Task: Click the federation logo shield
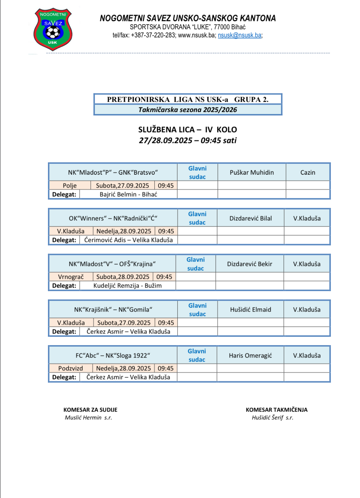pyautogui.click(x=53, y=29)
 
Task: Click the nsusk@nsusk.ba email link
pyautogui.click(x=240, y=35)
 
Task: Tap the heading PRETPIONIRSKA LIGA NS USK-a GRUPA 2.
pyautogui.click(x=188, y=99)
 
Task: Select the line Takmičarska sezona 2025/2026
pyautogui.click(x=188, y=110)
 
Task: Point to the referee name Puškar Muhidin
pyautogui.click(x=252, y=172)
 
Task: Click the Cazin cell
pyautogui.click(x=308, y=172)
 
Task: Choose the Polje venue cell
pyautogui.click(x=70, y=185)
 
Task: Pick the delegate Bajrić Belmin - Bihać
pyautogui.click(x=128, y=194)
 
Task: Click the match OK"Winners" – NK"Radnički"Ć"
pyautogui.click(x=113, y=218)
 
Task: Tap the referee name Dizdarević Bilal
pyautogui.click(x=250, y=218)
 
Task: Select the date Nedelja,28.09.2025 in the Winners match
pyautogui.click(x=124, y=231)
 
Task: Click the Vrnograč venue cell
pyautogui.click(x=71, y=277)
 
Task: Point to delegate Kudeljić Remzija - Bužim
pyautogui.click(x=127, y=285)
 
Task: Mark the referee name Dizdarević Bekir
pyautogui.click(x=249, y=264)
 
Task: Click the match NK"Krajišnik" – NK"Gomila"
pyautogui.click(x=113, y=309)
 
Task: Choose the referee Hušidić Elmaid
pyautogui.click(x=250, y=309)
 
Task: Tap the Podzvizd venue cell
pyautogui.click(x=70, y=368)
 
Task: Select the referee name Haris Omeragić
pyautogui.click(x=250, y=355)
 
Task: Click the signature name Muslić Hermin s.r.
pyautogui.click(x=88, y=418)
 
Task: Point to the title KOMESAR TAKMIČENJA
pyautogui.click(x=277, y=410)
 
